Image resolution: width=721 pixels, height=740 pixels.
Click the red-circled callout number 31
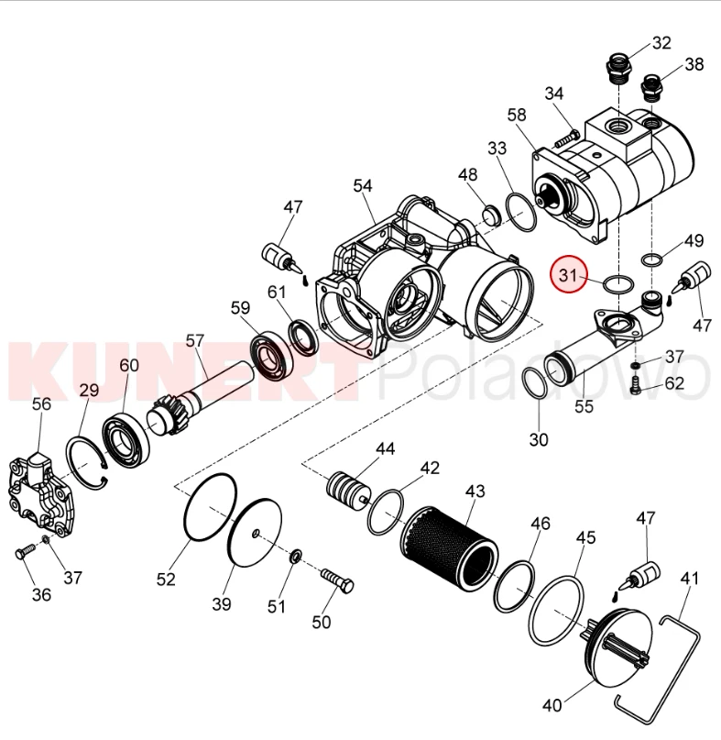568,275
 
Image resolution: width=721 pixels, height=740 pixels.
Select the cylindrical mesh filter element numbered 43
450,546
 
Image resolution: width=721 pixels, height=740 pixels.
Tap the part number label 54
363,186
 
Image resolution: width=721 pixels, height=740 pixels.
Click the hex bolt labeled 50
338,581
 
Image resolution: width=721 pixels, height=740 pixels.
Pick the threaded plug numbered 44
347,491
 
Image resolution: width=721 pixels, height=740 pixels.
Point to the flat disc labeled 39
255,532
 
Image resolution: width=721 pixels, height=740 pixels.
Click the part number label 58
517,115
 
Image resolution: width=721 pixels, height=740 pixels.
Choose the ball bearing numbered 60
126,441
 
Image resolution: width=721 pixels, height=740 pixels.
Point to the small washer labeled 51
295,556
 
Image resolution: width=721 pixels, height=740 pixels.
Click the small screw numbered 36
25,552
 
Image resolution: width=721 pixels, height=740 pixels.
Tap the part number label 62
674,382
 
